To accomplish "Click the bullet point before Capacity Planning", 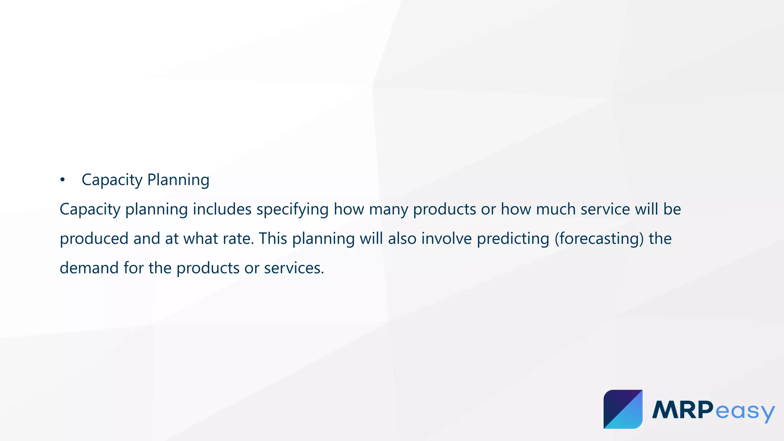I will coord(62,180).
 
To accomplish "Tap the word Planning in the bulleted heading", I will coord(178,180).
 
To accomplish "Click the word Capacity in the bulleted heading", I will coord(112,180).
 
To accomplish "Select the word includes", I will coord(222,209).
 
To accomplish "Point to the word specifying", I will coord(292,210).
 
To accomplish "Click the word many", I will coord(388,210).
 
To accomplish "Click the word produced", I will coord(94,239).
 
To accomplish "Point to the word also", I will coord(402,238).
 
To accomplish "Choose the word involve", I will coord(446,238).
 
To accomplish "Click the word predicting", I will coord(513,239).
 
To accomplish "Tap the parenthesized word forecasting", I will coord(599,239).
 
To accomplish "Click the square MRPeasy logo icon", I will coord(623,409).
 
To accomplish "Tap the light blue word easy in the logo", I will coord(745,412).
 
